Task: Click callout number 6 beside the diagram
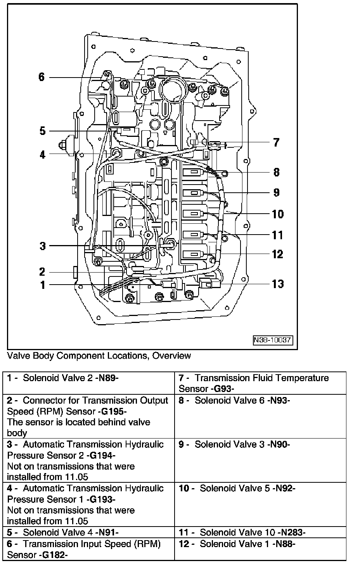point(42,77)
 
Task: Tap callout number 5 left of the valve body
point(42,131)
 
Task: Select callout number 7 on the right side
point(276,143)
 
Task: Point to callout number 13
point(278,284)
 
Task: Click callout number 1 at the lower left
point(43,285)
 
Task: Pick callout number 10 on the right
point(278,214)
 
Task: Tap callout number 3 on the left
point(42,246)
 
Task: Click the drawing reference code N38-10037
point(273,340)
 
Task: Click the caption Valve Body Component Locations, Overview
point(99,356)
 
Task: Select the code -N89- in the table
point(106,378)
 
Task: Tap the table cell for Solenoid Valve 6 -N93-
point(260,416)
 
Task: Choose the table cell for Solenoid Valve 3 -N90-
point(260,460)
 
